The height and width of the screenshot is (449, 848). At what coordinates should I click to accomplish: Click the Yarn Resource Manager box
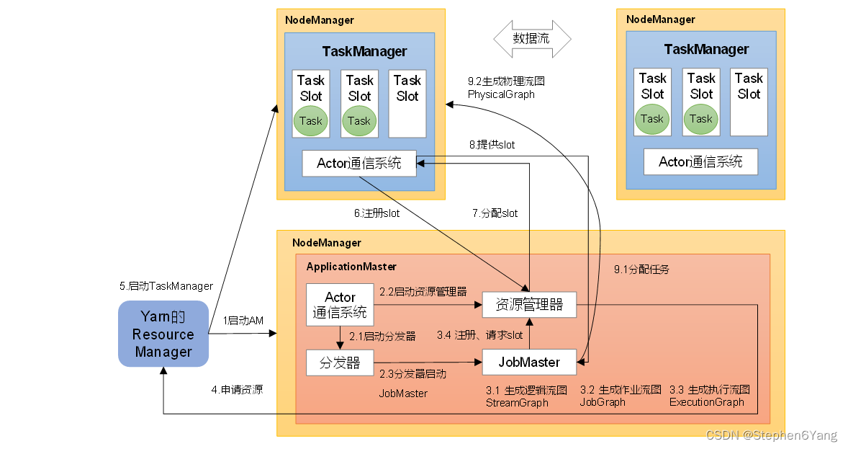pos(163,334)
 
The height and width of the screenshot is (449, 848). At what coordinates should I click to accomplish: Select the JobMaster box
pos(530,362)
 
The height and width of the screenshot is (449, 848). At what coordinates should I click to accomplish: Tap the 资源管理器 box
pos(530,305)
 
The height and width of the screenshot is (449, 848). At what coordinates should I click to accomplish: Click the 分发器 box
pos(340,363)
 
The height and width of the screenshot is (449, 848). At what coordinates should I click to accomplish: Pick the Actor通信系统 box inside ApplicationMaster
pos(340,305)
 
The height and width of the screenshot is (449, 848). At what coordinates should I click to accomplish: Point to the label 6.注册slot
pos(376,213)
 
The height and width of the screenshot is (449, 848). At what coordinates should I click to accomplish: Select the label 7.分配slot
pos(495,213)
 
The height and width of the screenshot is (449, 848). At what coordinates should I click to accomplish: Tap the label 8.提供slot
pos(492,145)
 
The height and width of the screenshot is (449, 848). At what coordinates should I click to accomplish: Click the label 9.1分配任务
pos(641,270)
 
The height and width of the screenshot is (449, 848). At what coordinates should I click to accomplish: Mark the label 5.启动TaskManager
pos(166,286)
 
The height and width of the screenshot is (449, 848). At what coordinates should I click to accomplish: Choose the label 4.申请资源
pos(237,390)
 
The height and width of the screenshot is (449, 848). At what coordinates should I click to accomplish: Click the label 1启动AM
pos(243,320)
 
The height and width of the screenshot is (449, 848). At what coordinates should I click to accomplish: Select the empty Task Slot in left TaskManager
pos(407,103)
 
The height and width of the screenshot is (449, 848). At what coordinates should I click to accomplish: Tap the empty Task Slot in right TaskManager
pos(749,102)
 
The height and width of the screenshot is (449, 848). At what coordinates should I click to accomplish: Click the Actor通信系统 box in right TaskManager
pos(700,161)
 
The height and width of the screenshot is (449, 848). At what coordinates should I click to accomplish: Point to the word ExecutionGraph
pos(706,402)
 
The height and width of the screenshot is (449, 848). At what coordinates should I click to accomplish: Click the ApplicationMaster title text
pos(351,267)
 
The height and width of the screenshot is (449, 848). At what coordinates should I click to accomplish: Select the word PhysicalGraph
pos(501,94)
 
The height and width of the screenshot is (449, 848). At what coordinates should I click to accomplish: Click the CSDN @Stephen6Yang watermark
pos(772,435)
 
